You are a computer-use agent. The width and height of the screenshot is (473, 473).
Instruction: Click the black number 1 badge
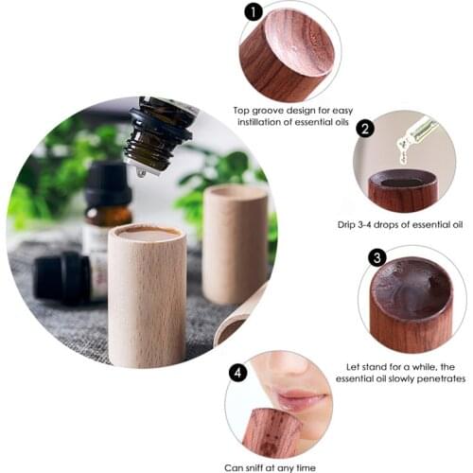253,12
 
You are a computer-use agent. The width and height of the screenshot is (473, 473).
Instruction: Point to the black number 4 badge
238,373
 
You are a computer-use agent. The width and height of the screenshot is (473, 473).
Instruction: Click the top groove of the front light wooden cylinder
144,231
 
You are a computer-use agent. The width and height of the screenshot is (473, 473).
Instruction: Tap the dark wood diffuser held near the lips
271,430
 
